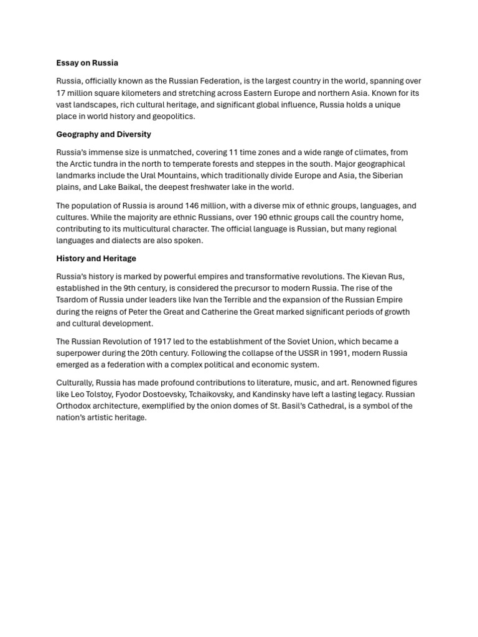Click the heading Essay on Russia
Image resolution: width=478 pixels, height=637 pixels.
[x=87, y=63]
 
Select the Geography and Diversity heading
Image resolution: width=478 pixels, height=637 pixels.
[x=103, y=134]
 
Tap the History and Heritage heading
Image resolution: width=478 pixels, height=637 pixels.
[x=96, y=258]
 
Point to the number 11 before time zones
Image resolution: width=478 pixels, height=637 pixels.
[x=233, y=152]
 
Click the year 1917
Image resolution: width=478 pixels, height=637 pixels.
[x=156, y=342]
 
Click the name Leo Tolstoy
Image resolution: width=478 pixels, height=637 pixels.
[x=93, y=394]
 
